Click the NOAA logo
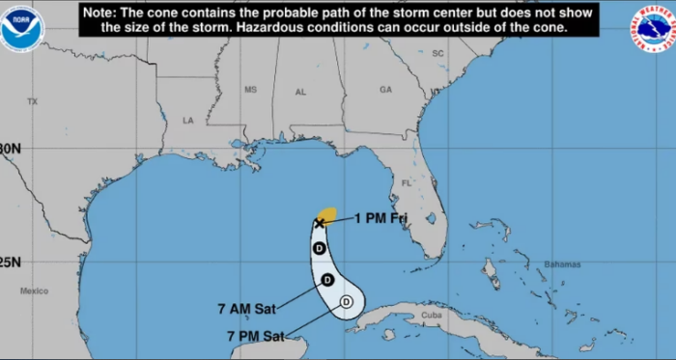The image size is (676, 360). (22, 28)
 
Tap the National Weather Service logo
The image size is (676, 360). (653, 28)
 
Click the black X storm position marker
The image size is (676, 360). (320, 223)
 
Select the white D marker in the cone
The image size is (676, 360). (347, 303)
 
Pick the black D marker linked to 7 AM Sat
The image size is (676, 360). (326, 280)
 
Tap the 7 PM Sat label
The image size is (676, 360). (256, 336)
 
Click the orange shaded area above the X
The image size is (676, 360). (328, 214)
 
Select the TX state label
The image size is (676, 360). (32, 101)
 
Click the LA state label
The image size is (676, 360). (188, 121)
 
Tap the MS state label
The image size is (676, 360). (251, 90)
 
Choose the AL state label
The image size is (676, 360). (300, 92)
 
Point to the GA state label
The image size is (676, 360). (385, 90)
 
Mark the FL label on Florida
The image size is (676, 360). (407, 182)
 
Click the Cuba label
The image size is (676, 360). (432, 314)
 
